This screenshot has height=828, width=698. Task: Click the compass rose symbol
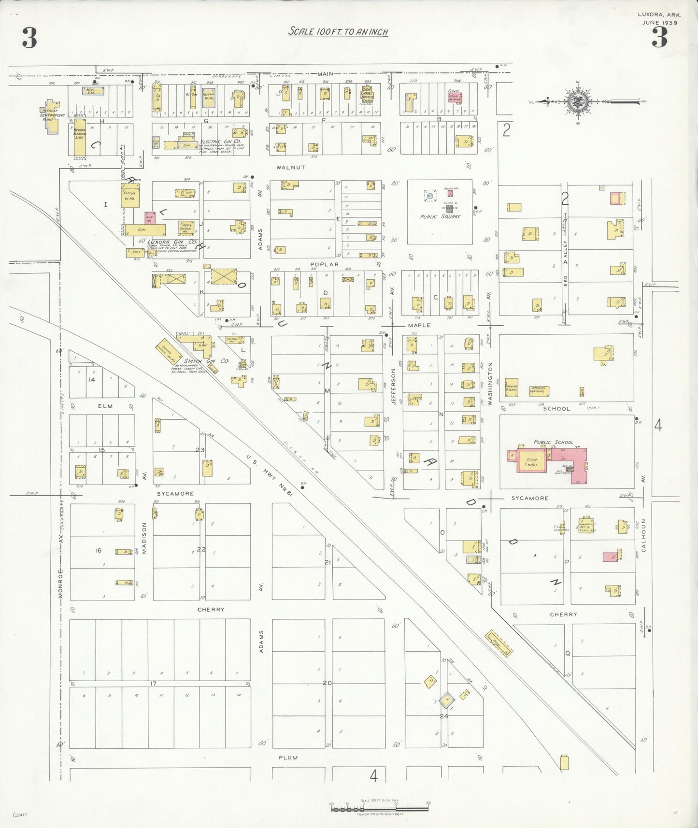click(x=576, y=102)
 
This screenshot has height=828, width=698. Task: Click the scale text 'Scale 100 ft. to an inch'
click(x=338, y=32)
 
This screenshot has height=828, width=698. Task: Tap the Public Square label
click(x=440, y=217)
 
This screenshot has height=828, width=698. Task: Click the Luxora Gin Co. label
click(x=172, y=242)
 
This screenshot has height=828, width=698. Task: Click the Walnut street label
click(x=291, y=167)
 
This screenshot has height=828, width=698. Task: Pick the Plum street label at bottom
click(x=288, y=757)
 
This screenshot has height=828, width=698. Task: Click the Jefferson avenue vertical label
click(x=393, y=386)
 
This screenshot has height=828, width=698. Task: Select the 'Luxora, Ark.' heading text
click(x=659, y=14)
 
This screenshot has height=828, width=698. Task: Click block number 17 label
click(x=153, y=683)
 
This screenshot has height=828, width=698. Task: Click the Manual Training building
click(x=539, y=390)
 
